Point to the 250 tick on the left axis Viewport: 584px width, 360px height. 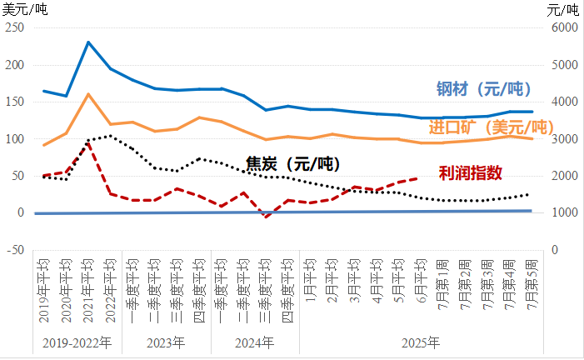tap(15, 27)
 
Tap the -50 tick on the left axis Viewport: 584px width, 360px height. tap(15, 249)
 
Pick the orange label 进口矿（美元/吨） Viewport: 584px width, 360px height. tap(492, 127)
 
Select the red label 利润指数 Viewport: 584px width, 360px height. tap(471, 172)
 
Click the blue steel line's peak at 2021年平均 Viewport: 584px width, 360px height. tap(88, 42)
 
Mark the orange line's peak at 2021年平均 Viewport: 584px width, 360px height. tap(88, 94)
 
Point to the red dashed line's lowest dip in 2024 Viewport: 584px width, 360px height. tap(267, 217)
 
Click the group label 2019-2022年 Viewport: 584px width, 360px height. tap(77, 342)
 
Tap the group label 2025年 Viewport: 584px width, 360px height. tap(421, 342)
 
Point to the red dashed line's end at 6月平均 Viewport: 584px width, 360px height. tap(422, 177)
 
